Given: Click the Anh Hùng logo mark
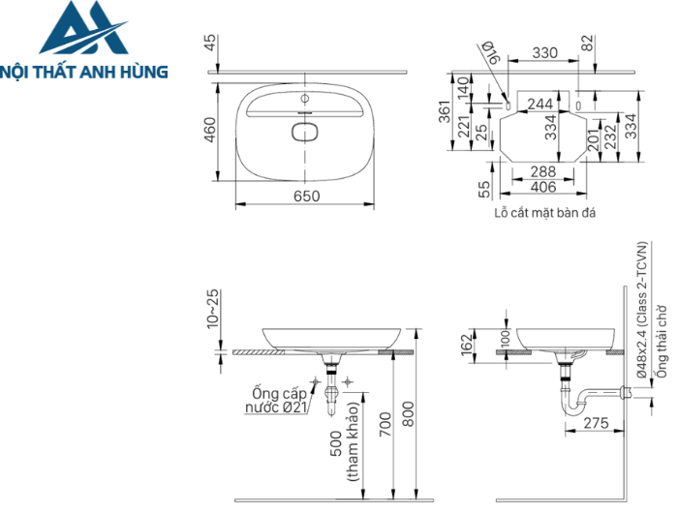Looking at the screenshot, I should click(83, 29).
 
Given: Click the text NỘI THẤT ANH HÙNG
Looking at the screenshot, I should click(84, 71).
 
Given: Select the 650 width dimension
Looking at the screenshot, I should click(306, 196).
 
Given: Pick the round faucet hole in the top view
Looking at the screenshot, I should click(305, 99).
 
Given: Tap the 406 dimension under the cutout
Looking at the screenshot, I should click(543, 187).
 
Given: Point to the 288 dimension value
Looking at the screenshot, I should click(543, 171).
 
